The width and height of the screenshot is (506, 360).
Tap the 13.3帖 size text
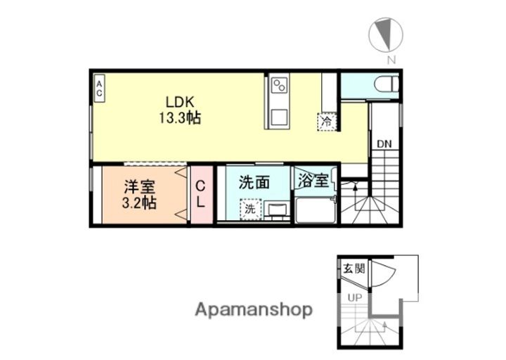(x=180, y=117)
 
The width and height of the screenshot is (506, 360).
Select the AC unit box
(x=99, y=89)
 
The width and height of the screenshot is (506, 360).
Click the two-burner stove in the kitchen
(x=279, y=87)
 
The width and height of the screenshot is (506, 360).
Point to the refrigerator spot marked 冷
(x=327, y=121)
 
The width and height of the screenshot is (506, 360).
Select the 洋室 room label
(x=140, y=187)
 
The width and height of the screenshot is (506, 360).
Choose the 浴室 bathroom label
(x=312, y=180)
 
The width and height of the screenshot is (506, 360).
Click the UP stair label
(x=354, y=297)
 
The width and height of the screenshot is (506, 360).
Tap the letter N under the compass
(x=391, y=60)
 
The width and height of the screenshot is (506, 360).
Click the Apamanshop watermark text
(x=254, y=309)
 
